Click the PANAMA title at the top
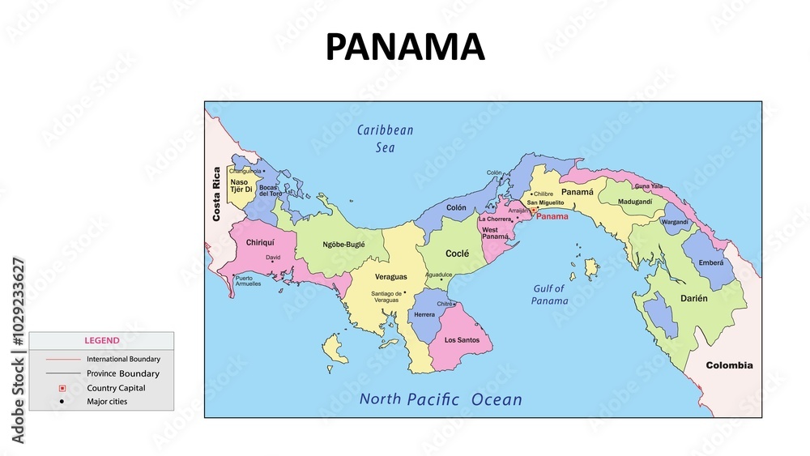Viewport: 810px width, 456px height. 405,47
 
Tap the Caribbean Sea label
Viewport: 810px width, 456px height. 386,139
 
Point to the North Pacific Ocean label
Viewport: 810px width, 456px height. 441,399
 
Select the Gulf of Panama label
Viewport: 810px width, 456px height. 550,294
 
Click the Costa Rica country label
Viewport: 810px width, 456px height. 216,194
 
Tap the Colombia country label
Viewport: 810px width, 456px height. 729,365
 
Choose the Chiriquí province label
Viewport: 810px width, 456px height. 260,242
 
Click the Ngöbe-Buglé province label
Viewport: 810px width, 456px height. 343,244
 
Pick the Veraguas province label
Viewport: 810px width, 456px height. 391,277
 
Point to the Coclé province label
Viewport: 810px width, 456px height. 457,254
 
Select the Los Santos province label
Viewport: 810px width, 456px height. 462,340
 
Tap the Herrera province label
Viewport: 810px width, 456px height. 424,314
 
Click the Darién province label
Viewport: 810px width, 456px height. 693,298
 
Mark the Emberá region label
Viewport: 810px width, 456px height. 710,262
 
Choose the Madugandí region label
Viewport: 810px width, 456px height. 635,202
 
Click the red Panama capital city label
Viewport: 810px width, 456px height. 552,217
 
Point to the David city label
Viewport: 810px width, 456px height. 273,258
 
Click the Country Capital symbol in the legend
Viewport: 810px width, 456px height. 62,388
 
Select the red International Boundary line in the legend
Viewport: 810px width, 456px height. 62,359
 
